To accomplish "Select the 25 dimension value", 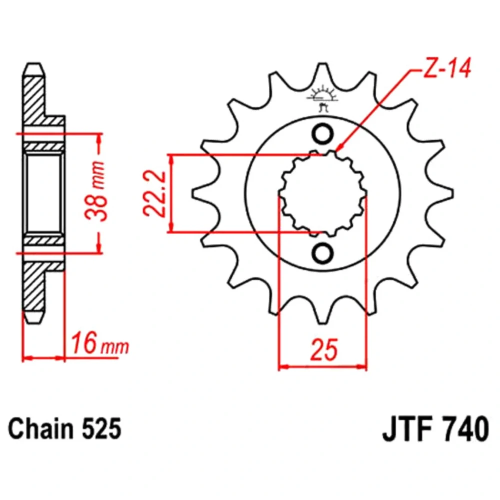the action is coord(324,350).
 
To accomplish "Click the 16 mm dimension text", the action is coord(100,343).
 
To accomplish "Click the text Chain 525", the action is coord(65,428).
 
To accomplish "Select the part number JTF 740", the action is coord(435,428).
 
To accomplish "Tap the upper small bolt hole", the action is coord(322,134).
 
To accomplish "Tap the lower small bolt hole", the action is coord(322,253).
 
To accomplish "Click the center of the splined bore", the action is coord(322,194).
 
